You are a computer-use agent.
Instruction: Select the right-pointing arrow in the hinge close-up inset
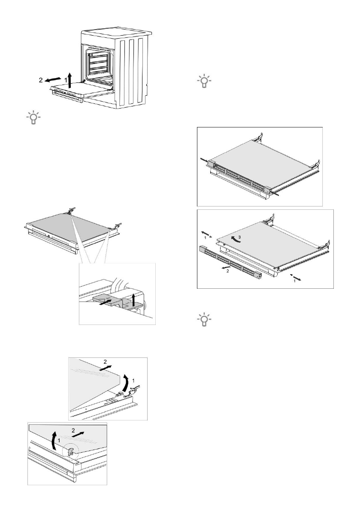click(110, 301)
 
